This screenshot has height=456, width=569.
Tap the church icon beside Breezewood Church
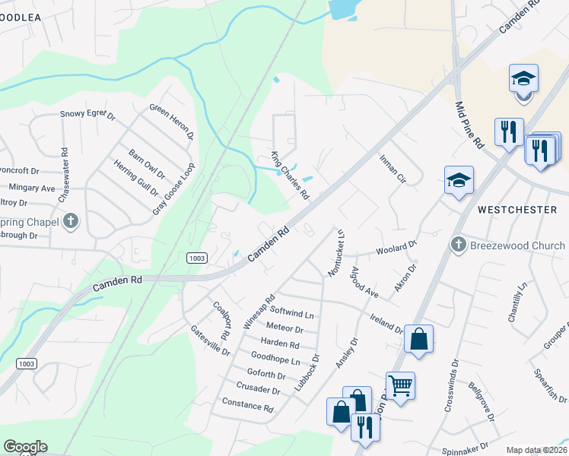[x=458, y=245]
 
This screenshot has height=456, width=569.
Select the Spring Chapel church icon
[x=70, y=222]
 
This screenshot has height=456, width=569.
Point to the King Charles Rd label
[x=291, y=176]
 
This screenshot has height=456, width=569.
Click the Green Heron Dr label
[x=172, y=122]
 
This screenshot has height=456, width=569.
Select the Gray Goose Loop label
[x=174, y=188]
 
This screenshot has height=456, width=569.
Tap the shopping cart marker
[x=400, y=385]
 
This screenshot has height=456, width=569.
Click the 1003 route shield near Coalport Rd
[x=197, y=258]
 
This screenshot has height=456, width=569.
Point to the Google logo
[x=25, y=447]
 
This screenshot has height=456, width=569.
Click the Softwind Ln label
[x=292, y=312]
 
